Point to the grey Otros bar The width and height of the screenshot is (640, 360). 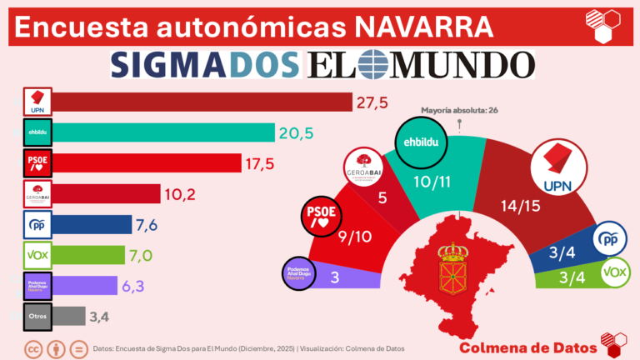tap(70, 317)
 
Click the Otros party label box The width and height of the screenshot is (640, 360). tap(37, 317)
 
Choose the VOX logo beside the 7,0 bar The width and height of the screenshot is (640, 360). tap(37, 255)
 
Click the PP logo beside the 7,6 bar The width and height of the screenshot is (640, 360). tap(37, 224)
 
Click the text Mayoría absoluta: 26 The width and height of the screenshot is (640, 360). tap(459, 110)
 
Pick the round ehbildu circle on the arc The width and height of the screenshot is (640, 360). tap(421, 142)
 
